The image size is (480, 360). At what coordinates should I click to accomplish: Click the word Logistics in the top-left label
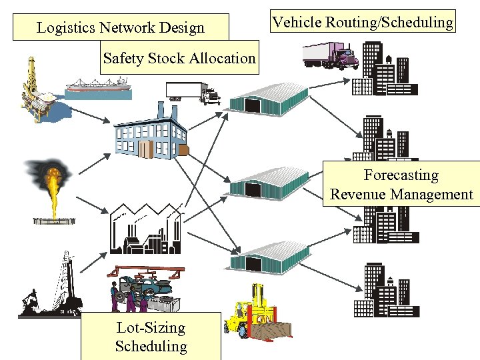click(x=65, y=28)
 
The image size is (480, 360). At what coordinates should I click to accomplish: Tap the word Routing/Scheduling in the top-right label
click(x=389, y=23)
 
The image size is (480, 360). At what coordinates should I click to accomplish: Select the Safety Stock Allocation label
click(x=179, y=59)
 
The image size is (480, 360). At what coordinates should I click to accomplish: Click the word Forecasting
click(x=401, y=175)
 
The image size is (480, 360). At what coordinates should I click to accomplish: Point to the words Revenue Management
click(x=401, y=195)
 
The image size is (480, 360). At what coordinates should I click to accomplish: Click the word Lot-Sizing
click(x=151, y=327)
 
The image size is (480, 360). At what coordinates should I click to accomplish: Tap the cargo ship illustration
click(x=97, y=85)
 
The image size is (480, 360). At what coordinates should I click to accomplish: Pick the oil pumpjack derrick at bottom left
click(x=50, y=287)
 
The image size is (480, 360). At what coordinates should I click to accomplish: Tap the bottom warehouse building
click(x=270, y=257)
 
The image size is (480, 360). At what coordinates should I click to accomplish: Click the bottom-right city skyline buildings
click(x=385, y=290)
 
